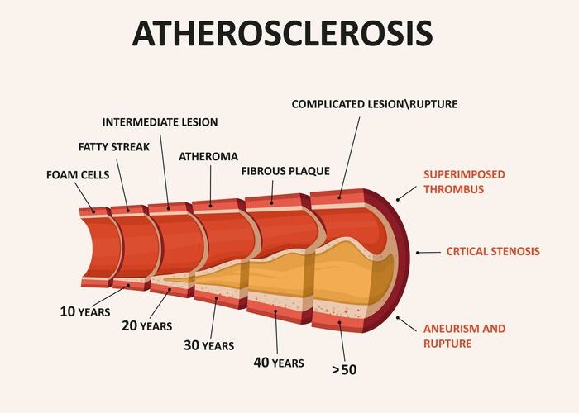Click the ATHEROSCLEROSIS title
(283, 33)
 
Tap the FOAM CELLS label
(78, 175)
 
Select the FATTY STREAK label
(114, 147)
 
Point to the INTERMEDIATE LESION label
(160, 122)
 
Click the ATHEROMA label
(208, 157)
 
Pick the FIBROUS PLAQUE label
(285, 171)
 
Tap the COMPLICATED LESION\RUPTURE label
(375, 104)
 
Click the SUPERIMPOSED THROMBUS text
(464, 182)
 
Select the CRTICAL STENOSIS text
(493, 251)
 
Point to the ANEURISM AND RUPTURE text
(465, 336)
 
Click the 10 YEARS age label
(85, 311)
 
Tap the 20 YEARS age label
(147, 325)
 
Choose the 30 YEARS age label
(209, 345)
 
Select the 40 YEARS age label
(279, 363)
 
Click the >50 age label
(344, 369)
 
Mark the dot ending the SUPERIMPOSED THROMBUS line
(398, 200)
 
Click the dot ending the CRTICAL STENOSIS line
(418, 253)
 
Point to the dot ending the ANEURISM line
(398, 317)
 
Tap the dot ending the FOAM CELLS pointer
(93, 211)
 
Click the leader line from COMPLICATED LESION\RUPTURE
(349, 158)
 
